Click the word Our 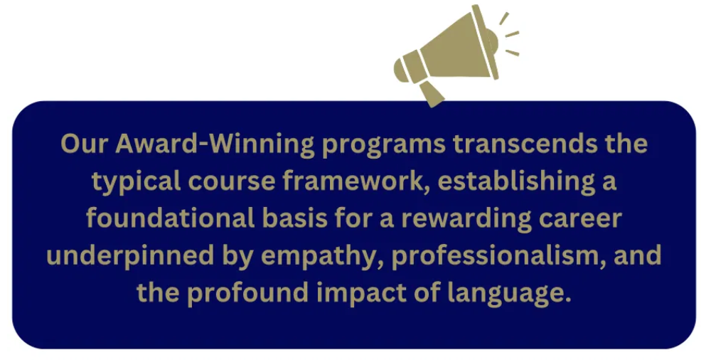point(85,144)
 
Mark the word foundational point(171,218)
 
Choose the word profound point(248,294)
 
